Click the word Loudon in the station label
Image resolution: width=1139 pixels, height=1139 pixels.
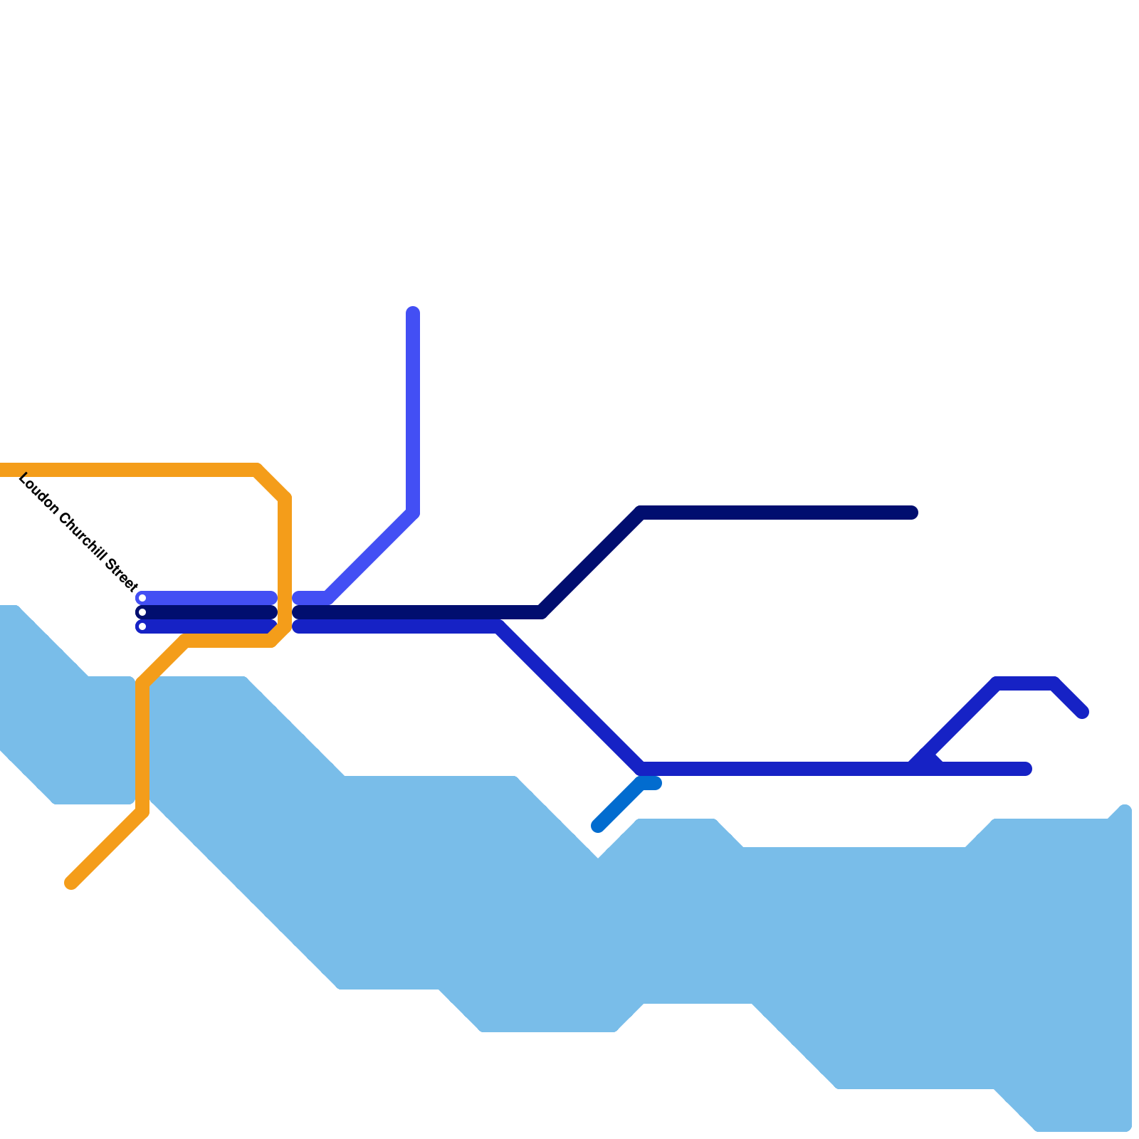[x=38, y=493]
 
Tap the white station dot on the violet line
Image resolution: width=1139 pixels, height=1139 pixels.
[x=142, y=598]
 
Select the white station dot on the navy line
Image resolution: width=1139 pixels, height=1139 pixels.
[x=142, y=612]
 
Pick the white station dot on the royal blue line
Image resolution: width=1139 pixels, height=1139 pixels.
[x=142, y=626]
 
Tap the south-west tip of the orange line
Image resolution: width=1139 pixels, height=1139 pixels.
[x=71, y=883]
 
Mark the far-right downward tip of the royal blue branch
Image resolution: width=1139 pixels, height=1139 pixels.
[x=1083, y=712]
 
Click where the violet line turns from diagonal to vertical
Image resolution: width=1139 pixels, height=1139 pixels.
[x=413, y=513]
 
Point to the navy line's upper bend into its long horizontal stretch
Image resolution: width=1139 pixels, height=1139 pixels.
[x=641, y=513]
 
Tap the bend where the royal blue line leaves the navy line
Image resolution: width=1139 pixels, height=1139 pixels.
[x=498, y=626]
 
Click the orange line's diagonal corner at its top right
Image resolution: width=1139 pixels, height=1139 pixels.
[x=273, y=483]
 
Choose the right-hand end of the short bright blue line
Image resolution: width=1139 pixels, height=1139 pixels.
[x=656, y=783]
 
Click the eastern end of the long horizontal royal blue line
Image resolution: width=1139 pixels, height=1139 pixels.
[x=1026, y=769]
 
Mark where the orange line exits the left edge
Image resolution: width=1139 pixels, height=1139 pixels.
[x=3, y=470]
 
